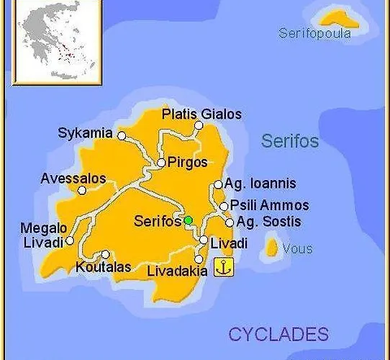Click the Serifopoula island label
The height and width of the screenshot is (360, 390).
coord(315,33)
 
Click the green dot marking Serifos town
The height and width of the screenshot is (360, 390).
coord(188,220)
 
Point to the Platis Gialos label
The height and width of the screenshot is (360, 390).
coord(201,114)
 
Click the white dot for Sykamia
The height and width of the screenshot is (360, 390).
coord(122,135)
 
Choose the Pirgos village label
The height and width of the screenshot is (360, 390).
coord(187,162)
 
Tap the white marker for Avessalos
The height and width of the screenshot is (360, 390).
coord(82,190)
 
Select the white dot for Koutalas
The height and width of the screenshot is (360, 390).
coord(106,253)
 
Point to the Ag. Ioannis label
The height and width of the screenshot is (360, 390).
coord(260,184)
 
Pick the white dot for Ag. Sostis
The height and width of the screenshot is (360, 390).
coord(229,222)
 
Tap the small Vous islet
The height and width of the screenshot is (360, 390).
coord(272,248)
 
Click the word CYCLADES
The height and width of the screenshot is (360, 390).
coord(278,333)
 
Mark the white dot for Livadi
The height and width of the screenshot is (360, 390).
coord(204,240)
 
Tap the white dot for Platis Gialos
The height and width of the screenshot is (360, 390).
coord(199,125)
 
